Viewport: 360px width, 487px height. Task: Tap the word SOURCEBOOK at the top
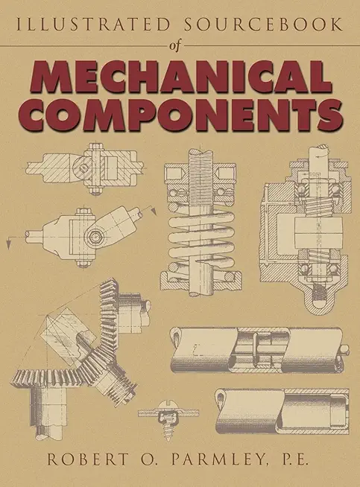tap(264, 25)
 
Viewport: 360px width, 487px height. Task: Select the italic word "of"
tap(174, 46)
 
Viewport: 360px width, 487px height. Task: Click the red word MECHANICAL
tap(180, 77)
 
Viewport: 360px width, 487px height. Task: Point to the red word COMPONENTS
tap(180, 115)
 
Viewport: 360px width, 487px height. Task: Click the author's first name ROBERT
tap(88, 459)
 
